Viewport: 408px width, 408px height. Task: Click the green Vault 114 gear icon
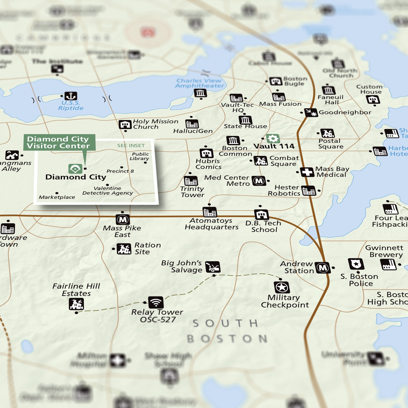[x=273, y=138]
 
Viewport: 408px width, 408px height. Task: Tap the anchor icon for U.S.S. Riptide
[x=71, y=96]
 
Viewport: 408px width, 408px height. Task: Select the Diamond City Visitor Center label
[x=59, y=142]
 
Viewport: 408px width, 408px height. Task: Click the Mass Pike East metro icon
[x=123, y=220]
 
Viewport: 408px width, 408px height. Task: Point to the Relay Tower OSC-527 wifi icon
[x=156, y=302]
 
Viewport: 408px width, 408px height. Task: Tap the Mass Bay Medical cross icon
[x=307, y=172]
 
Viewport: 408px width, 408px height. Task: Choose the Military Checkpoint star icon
[x=282, y=287]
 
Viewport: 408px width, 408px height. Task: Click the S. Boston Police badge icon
[x=356, y=264]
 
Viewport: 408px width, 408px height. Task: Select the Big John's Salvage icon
[x=213, y=267]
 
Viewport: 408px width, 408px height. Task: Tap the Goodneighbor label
[x=345, y=112]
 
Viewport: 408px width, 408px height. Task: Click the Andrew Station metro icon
[x=323, y=268]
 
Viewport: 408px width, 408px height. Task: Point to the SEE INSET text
[x=131, y=146]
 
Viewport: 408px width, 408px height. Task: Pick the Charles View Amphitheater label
[x=199, y=83]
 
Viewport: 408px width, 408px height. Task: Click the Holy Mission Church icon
[x=125, y=125]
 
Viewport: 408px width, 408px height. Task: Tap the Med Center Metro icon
[x=259, y=181]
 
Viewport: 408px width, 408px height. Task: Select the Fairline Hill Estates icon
[x=76, y=304]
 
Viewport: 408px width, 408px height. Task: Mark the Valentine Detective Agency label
[x=108, y=191]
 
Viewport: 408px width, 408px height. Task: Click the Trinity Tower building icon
[x=191, y=181]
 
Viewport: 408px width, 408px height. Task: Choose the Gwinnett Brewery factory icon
[x=388, y=264]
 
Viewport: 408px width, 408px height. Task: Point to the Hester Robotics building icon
[x=309, y=191]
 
